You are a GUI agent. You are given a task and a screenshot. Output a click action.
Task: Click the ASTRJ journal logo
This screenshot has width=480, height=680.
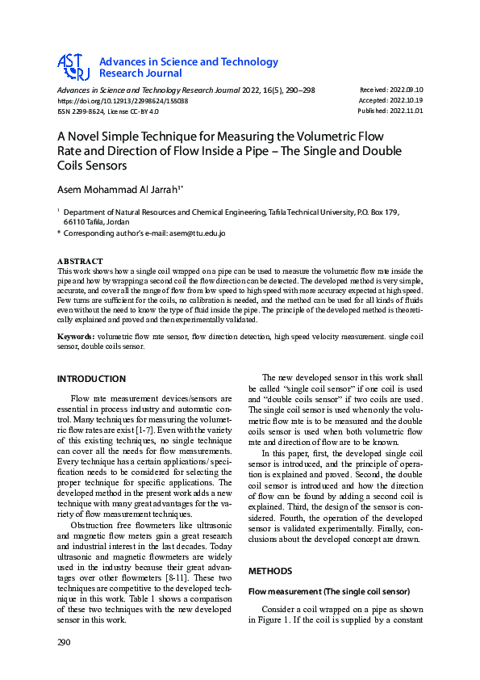73,68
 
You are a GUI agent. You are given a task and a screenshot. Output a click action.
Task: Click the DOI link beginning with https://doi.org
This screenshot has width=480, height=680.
122,101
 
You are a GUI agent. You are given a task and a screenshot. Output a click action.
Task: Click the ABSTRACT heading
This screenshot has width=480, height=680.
80,262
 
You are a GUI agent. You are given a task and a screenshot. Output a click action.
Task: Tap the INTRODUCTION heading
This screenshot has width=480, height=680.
91,379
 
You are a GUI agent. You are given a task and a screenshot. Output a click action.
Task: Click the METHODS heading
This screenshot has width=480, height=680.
269,570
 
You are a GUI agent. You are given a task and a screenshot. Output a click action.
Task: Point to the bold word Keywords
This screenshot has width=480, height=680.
75,335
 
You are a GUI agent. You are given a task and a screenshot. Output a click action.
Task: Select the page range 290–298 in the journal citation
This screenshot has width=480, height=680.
298,90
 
